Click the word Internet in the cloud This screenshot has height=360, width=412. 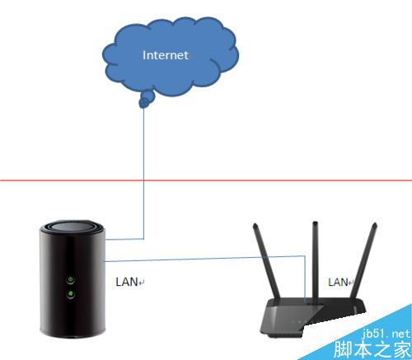(166, 55)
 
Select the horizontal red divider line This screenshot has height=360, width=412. (206, 180)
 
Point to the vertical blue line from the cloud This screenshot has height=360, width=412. (143, 173)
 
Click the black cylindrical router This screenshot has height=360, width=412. (72, 278)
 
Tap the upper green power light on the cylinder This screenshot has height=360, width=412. (71, 280)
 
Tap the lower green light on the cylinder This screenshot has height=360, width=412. (71, 294)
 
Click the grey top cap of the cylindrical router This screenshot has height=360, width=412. (72, 228)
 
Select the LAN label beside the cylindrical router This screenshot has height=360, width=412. (127, 282)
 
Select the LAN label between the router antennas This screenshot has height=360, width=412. (338, 282)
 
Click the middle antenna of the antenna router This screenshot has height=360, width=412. (316, 259)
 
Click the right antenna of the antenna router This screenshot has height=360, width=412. (363, 261)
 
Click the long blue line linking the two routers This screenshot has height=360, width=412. (204, 259)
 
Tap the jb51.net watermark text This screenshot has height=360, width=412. (386, 334)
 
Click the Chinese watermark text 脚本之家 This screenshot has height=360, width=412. (372, 349)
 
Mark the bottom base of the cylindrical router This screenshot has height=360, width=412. (73, 334)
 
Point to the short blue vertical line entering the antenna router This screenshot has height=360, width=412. (305, 279)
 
